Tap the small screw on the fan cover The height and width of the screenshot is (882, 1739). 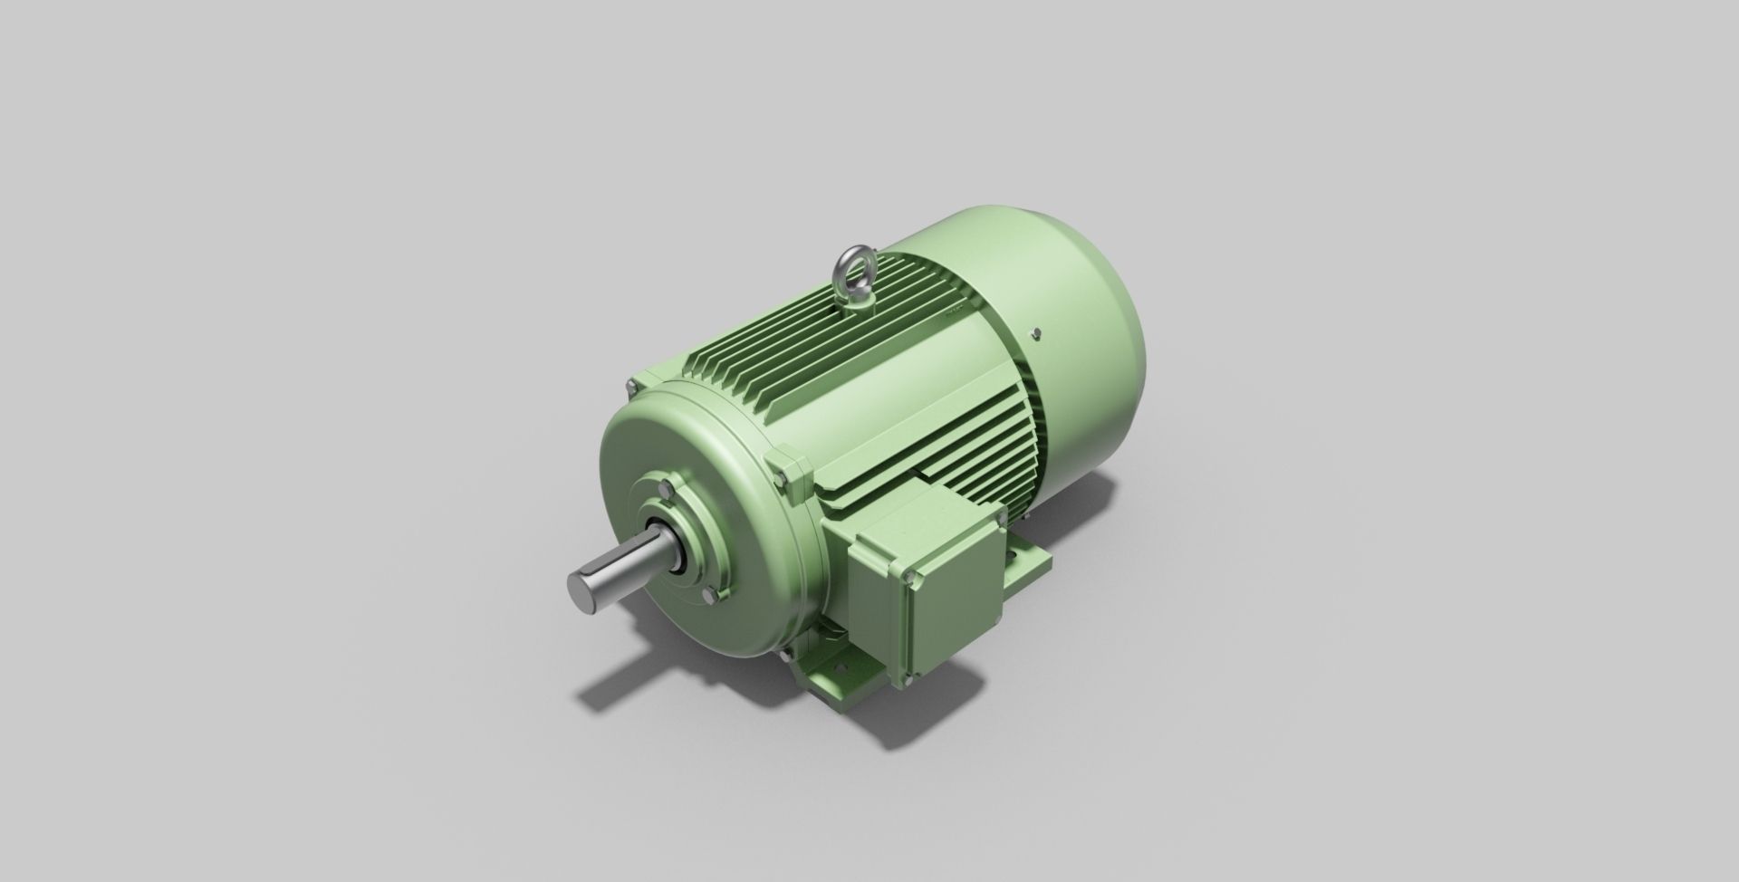point(1033,334)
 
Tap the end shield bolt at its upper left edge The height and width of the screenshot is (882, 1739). point(630,388)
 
